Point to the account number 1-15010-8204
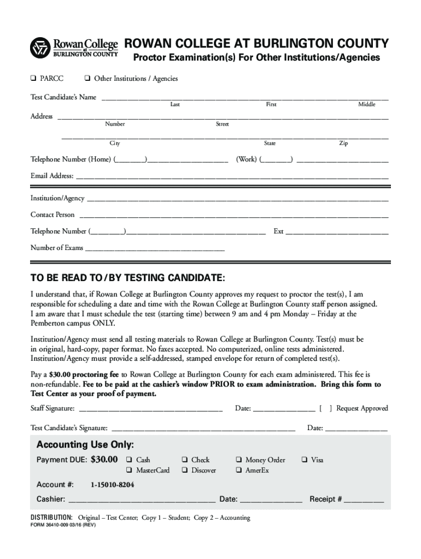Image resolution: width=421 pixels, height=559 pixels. point(113,485)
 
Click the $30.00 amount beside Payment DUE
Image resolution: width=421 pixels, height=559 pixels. point(104,460)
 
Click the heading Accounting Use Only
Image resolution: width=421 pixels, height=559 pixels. point(85,444)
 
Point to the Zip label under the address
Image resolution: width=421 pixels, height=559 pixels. point(343,144)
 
